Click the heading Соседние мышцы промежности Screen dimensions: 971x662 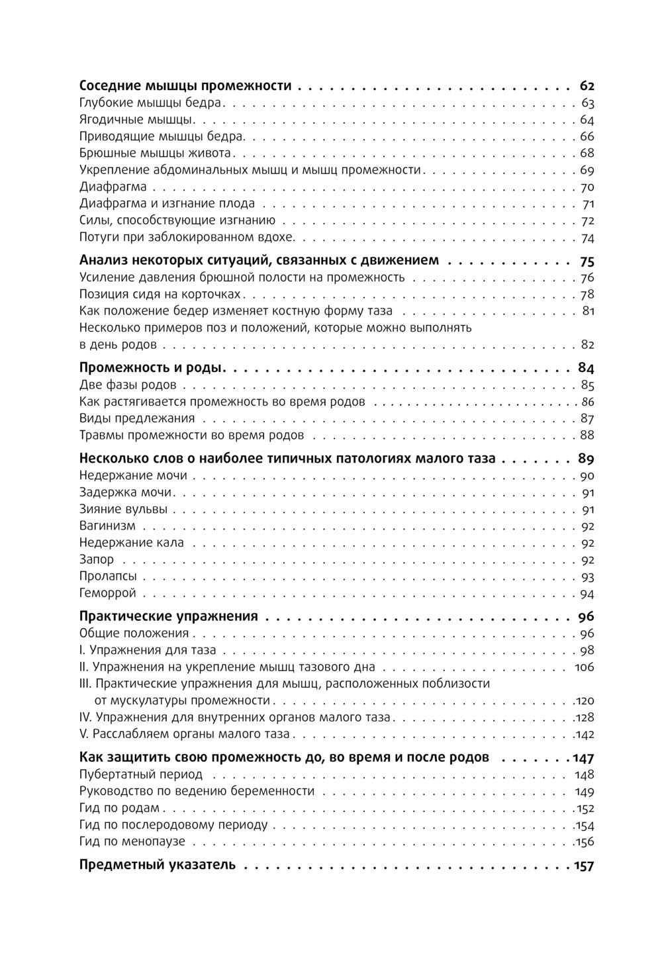click(185, 86)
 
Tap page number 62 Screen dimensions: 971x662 click(587, 86)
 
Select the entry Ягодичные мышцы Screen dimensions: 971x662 click(137, 120)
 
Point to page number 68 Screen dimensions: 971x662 click(587, 154)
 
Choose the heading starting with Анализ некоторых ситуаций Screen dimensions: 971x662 click(258, 261)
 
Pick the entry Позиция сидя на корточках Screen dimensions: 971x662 click(160, 295)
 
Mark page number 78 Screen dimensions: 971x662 click(587, 295)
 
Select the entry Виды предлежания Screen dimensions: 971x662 click(137, 418)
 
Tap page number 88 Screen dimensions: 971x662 click(587, 435)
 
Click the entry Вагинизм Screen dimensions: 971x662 click(107, 526)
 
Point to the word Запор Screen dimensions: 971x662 click(97, 560)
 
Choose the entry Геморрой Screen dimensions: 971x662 click(107, 593)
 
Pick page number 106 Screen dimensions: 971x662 click(585, 667)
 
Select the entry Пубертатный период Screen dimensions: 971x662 click(141, 774)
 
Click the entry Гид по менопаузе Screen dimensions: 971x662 click(132, 842)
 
